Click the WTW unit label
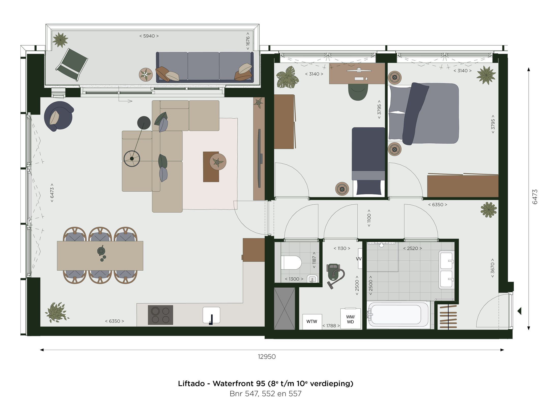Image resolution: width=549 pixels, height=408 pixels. (x=312, y=321)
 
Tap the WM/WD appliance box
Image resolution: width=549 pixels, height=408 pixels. (x=350, y=319)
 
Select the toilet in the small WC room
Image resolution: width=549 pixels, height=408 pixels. (x=291, y=262)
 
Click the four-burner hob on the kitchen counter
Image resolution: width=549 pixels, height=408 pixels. (x=160, y=315)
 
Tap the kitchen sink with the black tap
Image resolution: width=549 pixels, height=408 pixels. (x=211, y=315)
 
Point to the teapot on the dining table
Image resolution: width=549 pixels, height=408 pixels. (x=101, y=251)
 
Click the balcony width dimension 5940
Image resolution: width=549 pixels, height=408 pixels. (x=149, y=36)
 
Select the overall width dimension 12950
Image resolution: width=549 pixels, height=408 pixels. (x=267, y=356)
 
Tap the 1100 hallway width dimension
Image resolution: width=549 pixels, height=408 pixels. (x=369, y=218)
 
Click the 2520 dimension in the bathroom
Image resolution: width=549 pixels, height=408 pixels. (x=412, y=248)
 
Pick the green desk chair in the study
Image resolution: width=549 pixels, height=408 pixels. (x=358, y=92)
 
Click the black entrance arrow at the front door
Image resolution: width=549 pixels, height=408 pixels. (x=520, y=311)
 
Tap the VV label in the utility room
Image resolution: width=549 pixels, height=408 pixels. (x=359, y=259)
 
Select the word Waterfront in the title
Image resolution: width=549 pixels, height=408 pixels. (x=239, y=384)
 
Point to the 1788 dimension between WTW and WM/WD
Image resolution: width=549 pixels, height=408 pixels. (x=331, y=326)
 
